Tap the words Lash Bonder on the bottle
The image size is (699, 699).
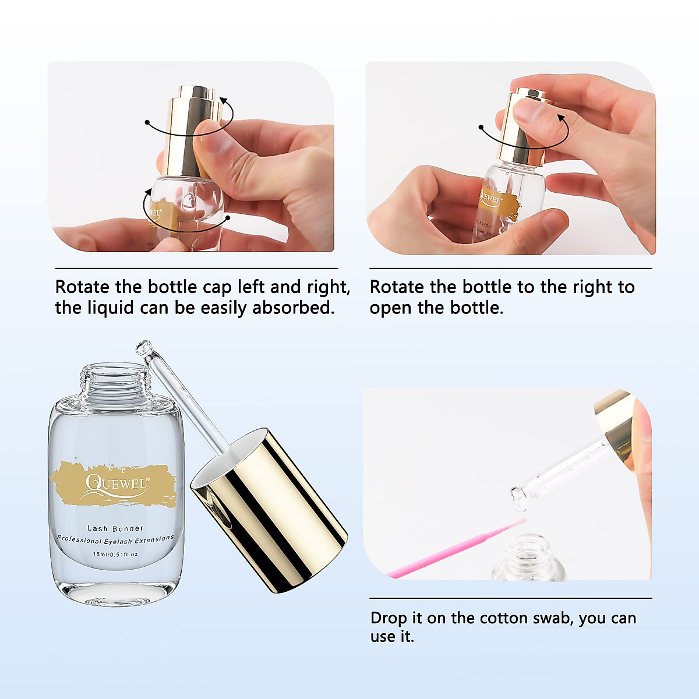[115, 528]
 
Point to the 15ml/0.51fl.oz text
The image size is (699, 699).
[115, 554]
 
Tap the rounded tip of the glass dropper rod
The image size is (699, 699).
[142, 348]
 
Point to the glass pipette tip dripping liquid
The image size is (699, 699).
[517, 495]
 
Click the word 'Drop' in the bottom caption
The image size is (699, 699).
[389, 618]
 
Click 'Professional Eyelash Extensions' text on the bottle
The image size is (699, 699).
[115, 540]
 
